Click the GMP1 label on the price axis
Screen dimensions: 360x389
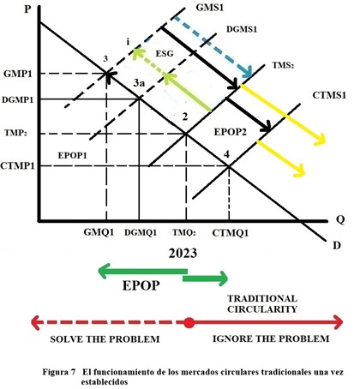point(18,74)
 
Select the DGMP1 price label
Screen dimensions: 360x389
point(18,100)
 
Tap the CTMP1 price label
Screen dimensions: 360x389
point(17,165)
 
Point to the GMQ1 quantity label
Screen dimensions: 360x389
point(99,232)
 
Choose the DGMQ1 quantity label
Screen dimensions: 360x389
point(141,233)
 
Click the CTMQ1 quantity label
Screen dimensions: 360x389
point(231,233)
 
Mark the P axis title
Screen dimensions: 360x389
point(27,9)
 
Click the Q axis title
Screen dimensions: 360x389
point(340,219)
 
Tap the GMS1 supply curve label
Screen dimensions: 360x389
point(210,8)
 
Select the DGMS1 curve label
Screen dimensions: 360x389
point(242,29)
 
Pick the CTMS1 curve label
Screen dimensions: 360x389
point(329,95)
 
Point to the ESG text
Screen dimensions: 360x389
point(165,53)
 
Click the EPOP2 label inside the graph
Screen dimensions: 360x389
point(231,132)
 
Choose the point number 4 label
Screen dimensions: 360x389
point(226,154)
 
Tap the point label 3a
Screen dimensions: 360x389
point(139,83)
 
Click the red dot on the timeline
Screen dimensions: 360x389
point(189,323)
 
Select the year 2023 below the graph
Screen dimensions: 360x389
point(183,254)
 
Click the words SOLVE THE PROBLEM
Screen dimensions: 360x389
point(105,339)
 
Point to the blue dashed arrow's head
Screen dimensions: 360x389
point(247,72)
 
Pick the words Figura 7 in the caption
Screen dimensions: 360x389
point(59,372)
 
